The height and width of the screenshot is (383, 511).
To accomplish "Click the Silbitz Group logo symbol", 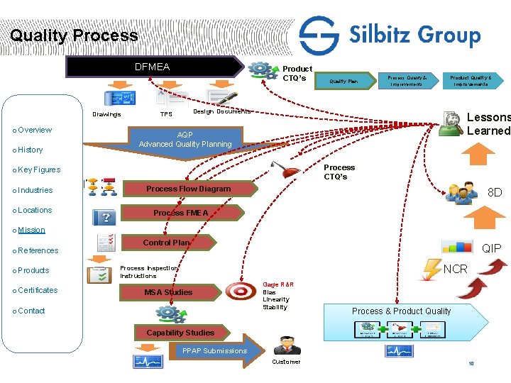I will tap(319, 35).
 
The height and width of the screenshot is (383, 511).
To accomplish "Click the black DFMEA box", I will tap(153, 67).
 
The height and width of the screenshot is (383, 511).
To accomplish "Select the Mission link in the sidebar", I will tap(31, 230).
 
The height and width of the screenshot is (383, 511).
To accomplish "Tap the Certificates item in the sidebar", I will tap(38, 290).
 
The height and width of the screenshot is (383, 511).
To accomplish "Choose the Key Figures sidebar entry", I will tap(39, 170).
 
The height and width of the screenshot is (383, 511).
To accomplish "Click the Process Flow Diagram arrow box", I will tap(188, 189).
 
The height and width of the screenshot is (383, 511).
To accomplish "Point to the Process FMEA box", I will tap(181, 213).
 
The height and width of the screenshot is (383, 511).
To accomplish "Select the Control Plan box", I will tap(167, 243).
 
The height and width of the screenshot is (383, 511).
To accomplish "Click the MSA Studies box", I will tap(168, 292).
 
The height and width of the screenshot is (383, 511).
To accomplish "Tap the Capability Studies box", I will tap(180, 333).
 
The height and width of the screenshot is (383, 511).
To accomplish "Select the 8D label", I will tap(495, 192).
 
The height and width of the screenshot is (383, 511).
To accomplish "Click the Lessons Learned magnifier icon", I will tap(450, 123).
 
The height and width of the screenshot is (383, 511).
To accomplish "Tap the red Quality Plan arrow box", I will tap(344, 81).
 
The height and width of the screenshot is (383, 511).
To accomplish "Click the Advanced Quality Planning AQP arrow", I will tap(185, 140).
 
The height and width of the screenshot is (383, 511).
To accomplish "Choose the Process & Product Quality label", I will tap(401, 311).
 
